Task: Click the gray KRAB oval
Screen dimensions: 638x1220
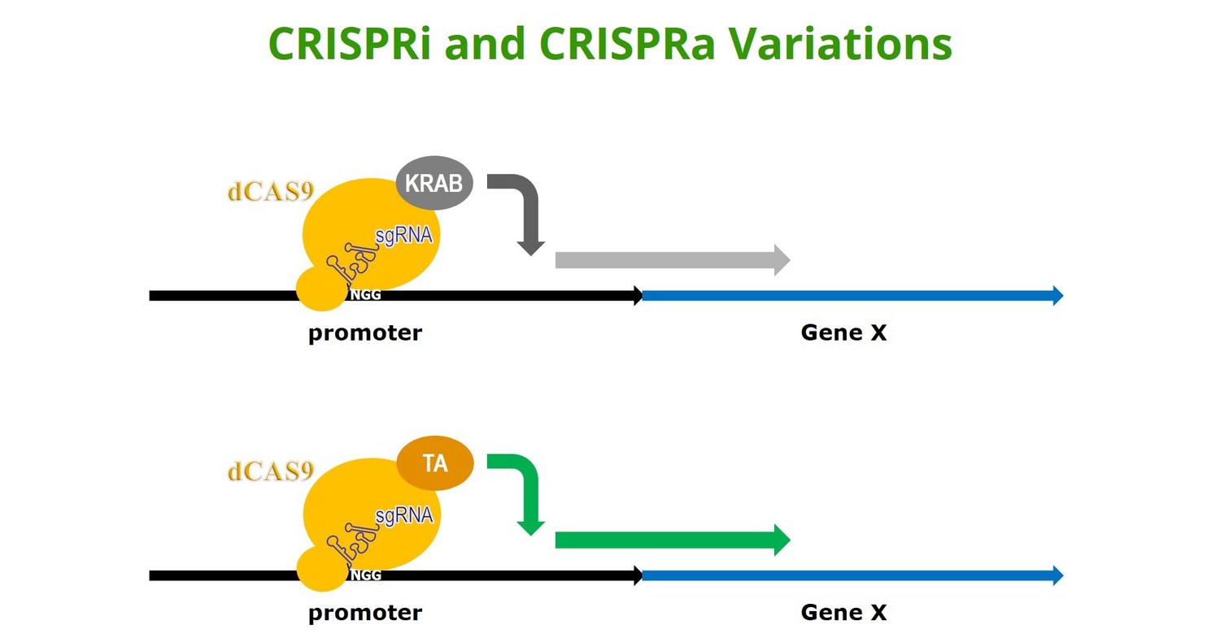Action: (x=434, y=183)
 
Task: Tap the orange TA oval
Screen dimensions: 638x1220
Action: (x=435, y=464)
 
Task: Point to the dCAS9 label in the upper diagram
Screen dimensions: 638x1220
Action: (x=270, y=192)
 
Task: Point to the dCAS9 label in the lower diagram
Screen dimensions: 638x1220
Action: (x=270, y=471)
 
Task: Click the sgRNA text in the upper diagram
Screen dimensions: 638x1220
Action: (x=403, y=237)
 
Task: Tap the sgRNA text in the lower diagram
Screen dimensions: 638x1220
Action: (x=403, y=515)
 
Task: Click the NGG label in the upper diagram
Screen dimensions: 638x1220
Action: (x=365, y=295)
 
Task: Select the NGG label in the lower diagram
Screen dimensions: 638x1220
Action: (x=365, y=575)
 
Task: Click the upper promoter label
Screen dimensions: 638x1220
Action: (x=365, y=333)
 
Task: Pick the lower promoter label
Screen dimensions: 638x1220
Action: (x=365, y=613)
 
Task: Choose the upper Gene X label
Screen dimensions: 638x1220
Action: (x=843, y=333)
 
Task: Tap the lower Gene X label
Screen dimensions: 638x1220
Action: (x=843, y=613)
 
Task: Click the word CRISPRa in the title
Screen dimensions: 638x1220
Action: (x=626, y=44)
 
